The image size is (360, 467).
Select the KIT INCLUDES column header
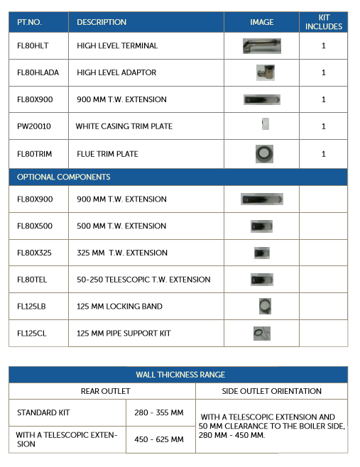pos(323,22)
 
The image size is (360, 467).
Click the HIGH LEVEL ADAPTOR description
pos(116,72)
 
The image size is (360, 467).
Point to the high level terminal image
pos(261,46)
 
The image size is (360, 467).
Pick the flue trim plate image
pos(264,153)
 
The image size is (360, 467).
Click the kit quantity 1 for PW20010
pos(324,126)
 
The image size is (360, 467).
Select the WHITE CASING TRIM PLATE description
pos(124,126)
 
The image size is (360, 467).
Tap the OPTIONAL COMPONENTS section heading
pos(64,177)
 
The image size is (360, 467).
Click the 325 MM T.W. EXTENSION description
pos(121,253)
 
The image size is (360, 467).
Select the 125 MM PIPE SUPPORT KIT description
pos(124,333)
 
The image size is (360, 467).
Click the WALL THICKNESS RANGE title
pos(180,375)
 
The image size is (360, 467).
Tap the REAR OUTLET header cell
pos(102,391)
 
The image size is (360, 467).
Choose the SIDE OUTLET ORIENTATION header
pos(272,391)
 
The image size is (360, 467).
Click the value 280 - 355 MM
pos(161,412)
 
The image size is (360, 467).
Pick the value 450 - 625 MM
pos(161,439)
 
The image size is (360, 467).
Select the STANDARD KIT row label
pos(44,412)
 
